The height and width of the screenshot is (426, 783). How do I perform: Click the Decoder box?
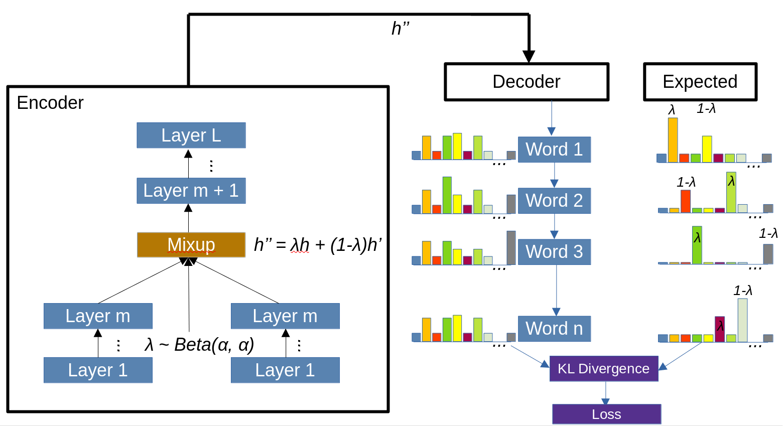click(527, 82)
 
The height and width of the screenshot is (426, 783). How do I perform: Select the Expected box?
click(700, 82)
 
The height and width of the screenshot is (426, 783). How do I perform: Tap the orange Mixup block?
click(191, 245)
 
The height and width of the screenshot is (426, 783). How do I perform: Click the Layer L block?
click(191, 135)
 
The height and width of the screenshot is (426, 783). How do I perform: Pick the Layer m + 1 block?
click(191, 191)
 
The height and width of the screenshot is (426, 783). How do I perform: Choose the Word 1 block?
click(554, 150)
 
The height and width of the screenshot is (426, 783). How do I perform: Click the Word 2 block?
click(554, 201)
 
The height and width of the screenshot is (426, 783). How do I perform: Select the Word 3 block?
click(554, 252)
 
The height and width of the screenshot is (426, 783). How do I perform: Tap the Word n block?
click(554, 329)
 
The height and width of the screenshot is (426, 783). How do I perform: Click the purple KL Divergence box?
click(604, 369)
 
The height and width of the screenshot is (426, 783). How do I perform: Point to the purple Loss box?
click(606, 414)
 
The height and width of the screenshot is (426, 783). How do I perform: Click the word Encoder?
click(50, 103)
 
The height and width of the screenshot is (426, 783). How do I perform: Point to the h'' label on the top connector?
click(401, 29)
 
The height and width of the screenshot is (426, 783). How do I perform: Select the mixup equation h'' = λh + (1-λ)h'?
click(318, 245)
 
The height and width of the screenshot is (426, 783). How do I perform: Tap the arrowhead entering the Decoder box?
click(529, 56)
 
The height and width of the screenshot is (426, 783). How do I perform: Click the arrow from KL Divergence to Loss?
click(606, 393)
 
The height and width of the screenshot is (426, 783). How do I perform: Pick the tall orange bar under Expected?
click(673, 140)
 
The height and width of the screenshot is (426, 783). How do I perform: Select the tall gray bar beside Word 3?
click(511, 248)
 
